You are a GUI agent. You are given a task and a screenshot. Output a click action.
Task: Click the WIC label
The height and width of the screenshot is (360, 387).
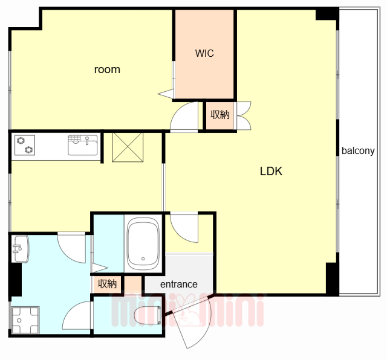pos(204,53)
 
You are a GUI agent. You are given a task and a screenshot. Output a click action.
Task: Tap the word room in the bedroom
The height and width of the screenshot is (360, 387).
pos(107,70)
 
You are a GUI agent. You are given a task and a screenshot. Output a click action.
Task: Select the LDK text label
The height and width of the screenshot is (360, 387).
pos(271,171)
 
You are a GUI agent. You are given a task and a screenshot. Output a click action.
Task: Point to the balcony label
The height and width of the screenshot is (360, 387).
pos(358,150)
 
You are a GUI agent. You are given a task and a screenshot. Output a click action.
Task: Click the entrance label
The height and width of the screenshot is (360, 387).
pos(179,284)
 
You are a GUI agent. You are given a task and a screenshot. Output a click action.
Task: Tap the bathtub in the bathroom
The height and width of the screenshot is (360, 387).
pos(143,243)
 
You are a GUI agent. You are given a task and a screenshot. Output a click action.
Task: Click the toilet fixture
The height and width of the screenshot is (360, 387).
pos(148,315)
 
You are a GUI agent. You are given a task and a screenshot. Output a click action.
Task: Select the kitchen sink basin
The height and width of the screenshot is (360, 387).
pos(83,145)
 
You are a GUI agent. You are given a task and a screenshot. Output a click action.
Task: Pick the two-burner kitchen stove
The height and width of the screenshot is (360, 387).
pos(25,145)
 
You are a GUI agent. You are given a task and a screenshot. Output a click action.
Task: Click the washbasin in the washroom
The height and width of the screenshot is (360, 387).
pos(21,248)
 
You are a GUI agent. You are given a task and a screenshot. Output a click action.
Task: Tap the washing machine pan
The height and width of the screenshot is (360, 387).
pos(25,320)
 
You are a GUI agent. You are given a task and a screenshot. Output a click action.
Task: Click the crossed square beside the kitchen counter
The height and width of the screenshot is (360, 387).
pos(128,147)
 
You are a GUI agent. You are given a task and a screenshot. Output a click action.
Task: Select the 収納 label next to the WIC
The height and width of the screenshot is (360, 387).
pos(220,115)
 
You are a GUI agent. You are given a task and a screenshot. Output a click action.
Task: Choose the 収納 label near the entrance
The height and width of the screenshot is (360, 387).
pos(107,284)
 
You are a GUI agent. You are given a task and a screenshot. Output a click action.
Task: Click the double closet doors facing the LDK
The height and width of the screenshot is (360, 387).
pos(243,115)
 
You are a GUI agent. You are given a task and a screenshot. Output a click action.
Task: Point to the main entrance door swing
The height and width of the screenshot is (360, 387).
pos(192,321)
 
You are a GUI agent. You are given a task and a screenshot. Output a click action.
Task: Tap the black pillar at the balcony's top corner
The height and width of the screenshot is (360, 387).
pos(327,14)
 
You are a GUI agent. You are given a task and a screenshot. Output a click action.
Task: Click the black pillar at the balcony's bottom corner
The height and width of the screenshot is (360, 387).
pos(333,278)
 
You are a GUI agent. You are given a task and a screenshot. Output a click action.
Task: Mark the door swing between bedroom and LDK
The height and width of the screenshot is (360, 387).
pos(184,117)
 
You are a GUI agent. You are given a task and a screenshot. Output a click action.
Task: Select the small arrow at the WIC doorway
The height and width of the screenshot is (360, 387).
pos(166,94)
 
